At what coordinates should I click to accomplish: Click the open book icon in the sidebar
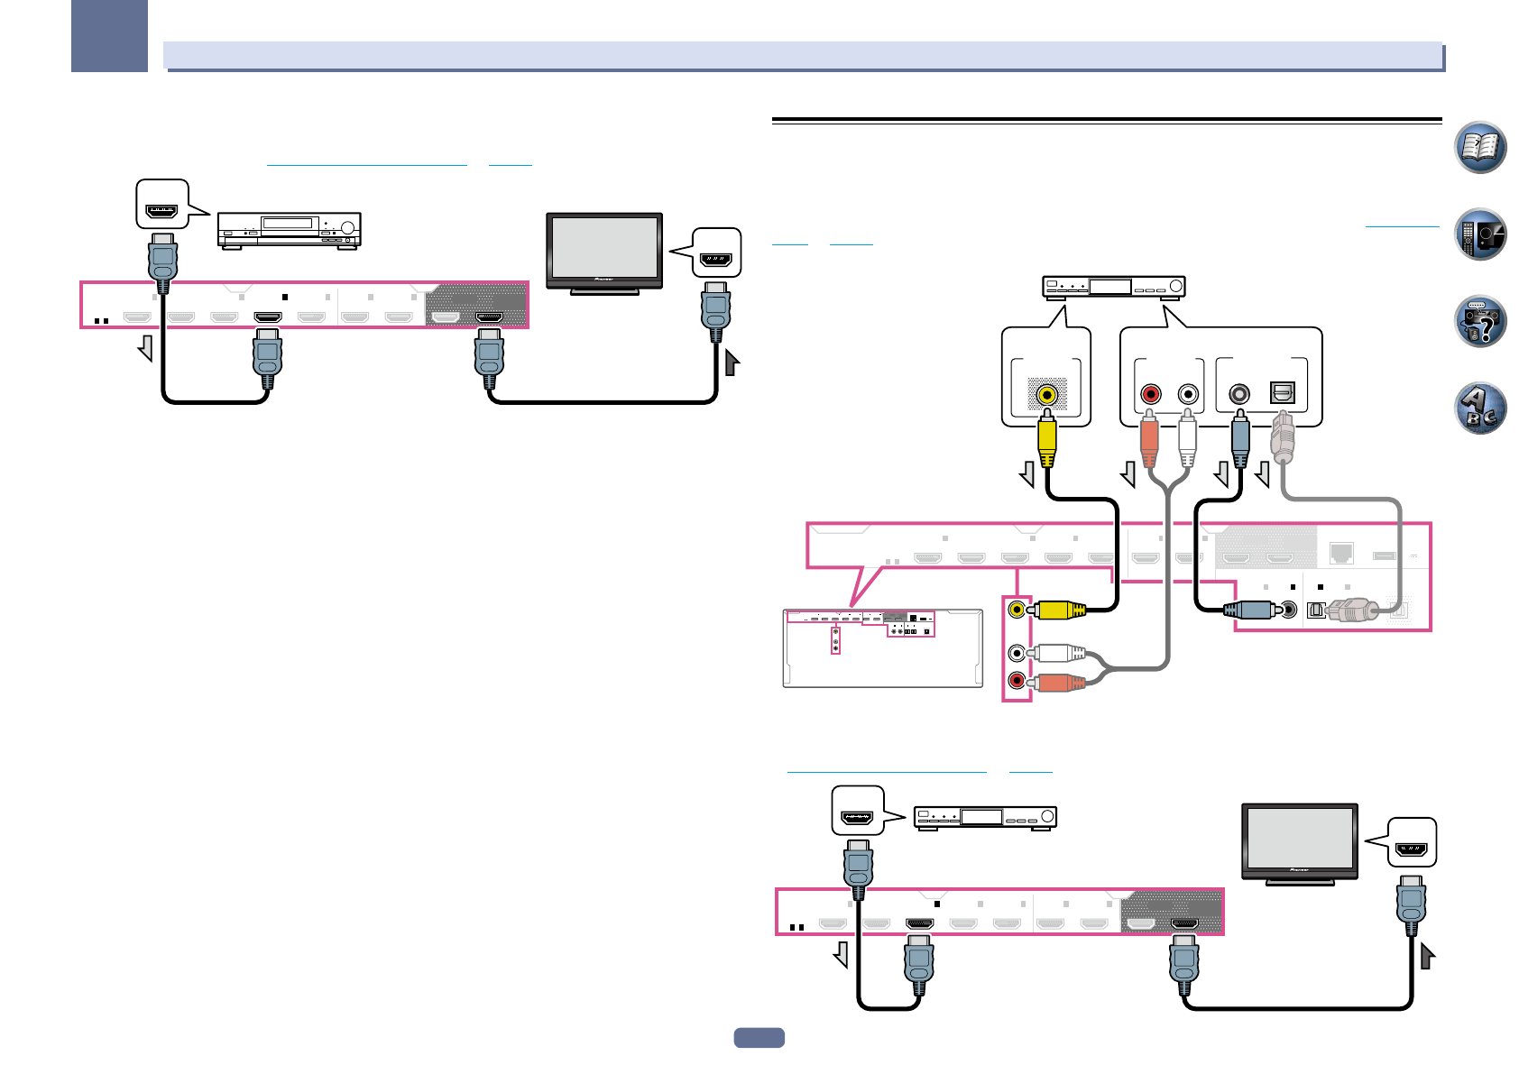coord(1480,147)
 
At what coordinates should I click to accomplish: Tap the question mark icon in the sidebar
coord(1480,322)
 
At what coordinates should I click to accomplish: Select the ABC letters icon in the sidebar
coord(1480,408)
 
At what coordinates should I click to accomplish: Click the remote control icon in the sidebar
coord(1480,234)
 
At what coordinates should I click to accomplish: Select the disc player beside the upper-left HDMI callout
coord(289,229)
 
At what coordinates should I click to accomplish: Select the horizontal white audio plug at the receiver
coord(1057,652)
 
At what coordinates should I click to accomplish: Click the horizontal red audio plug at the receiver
coord(1057,682)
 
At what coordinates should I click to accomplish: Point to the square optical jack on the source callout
coord(1282,393)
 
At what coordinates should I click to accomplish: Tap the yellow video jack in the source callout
coord(1046,394)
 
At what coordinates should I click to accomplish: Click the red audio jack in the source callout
coord(1150,394)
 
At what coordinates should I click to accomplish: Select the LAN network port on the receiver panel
coord(1341,552)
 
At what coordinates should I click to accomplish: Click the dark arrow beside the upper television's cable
coord(732,363)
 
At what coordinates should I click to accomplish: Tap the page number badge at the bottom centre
coord(759,1038)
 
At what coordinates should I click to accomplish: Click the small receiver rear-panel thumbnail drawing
coord(882,648)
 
